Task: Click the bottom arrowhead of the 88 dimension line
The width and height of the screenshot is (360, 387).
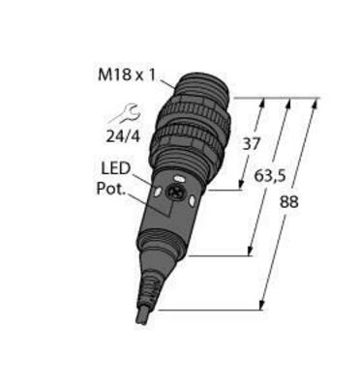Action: pyautogui.click(x=263, y=307)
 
